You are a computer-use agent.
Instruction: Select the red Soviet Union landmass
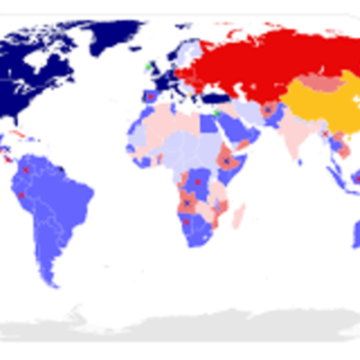click(x=261, y=63)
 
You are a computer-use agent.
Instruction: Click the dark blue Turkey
click(x=215, y=98)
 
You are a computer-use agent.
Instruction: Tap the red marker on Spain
click(x=150, y=95)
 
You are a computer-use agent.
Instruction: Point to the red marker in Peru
click(x=22, y=193)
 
